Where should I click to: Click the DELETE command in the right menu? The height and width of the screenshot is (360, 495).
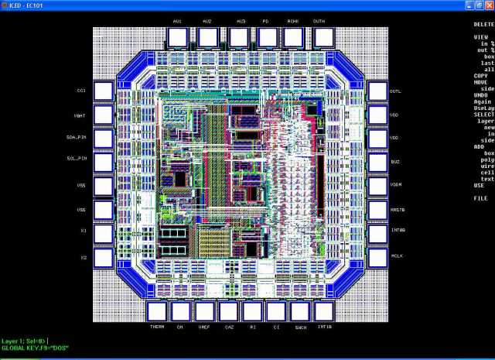click(x=483, y=25)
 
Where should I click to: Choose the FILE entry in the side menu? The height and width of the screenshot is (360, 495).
click(x=480, y=198)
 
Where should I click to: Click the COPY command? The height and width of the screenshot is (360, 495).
click(x=480, y=75)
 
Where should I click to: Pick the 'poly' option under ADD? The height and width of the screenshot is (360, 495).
click(x=486, y=159)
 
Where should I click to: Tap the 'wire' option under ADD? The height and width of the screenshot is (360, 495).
click(x=486, y=166)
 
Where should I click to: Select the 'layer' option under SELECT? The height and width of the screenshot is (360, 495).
click(x=486, y=121)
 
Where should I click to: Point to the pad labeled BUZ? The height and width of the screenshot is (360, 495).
click(x=377, y=163)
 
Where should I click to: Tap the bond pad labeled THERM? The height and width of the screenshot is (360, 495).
click(x=157, y=311)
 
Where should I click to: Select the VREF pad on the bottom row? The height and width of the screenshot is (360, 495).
click(x=204, y=311)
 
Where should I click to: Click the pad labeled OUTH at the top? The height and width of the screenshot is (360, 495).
click(x=319, y=36)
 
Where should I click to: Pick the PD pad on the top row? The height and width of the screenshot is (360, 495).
click(x=267, y=36)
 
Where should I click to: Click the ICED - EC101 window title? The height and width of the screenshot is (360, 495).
click(x=23, y=5)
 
